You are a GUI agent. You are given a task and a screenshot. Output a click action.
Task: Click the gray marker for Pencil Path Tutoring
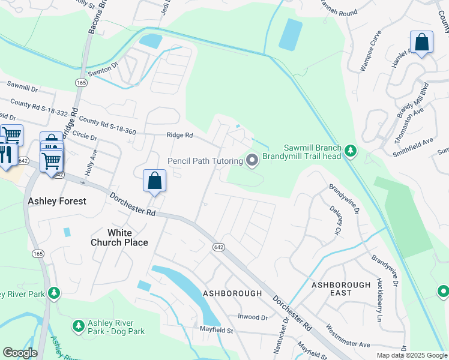(x=252, y=160)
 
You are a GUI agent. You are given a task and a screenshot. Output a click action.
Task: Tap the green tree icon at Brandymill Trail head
(x=351, y=152)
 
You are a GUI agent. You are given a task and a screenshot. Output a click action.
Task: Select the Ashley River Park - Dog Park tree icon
(x=78, y=326)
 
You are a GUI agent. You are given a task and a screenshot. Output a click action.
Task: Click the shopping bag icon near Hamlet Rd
(x=422, y=43)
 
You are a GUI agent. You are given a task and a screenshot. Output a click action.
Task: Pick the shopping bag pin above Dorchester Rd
(x=154, y=180)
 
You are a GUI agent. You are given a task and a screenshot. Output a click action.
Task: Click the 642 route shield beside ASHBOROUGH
(x=218, y=247)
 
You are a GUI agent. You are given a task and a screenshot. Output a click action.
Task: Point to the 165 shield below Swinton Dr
(x=80, y=81)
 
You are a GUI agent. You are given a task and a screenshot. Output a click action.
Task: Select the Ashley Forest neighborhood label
(x=57, y=201)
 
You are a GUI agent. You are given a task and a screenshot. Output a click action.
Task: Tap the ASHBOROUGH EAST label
(x=341, y=288)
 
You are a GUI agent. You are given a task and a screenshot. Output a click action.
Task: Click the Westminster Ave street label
(x=348, y=337)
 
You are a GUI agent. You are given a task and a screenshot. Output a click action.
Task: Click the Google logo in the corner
(x=20, y=353)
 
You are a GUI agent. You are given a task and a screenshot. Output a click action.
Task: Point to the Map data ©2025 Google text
(x=411, y=355)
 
